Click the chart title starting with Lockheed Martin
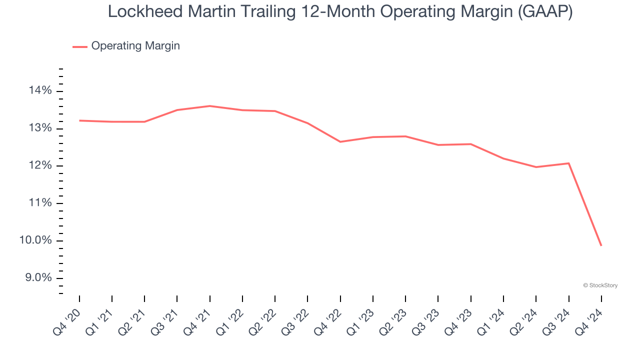click(x=340, y=11)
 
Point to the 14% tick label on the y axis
click(x=40, y=91)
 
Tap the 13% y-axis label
click(x=40, y=128)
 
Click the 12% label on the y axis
click(x=40, y=166)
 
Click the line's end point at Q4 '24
click(x=601, y=245)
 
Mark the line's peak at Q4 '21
click(x=210, y=106)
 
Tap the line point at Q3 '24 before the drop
click(x=568, y=163)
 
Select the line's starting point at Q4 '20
click(x=79, y=120)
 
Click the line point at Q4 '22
click(x=340, y=142)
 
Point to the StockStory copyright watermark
click(x=600, y=285)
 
